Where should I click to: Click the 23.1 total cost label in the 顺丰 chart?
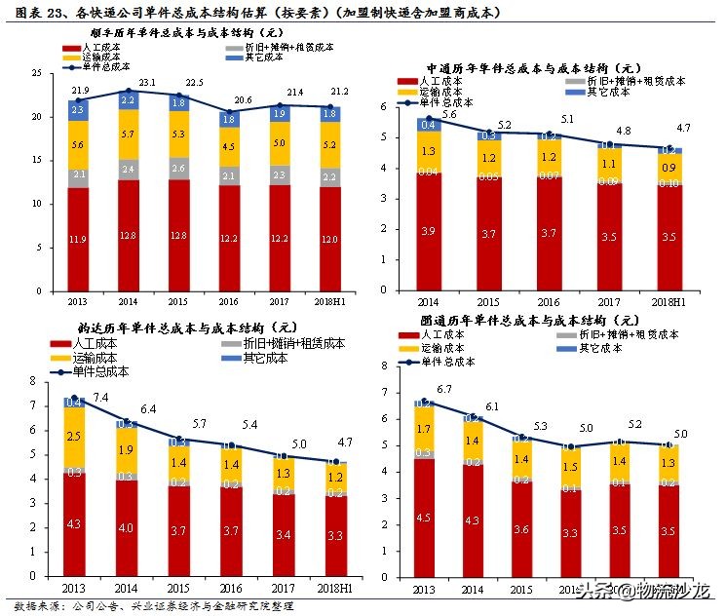[x=148, y=84]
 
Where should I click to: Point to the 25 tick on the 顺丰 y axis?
[x=36, y=74]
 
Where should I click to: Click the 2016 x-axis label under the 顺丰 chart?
[x=229, y=301]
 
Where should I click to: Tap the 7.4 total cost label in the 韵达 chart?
[x=100, y=397]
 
